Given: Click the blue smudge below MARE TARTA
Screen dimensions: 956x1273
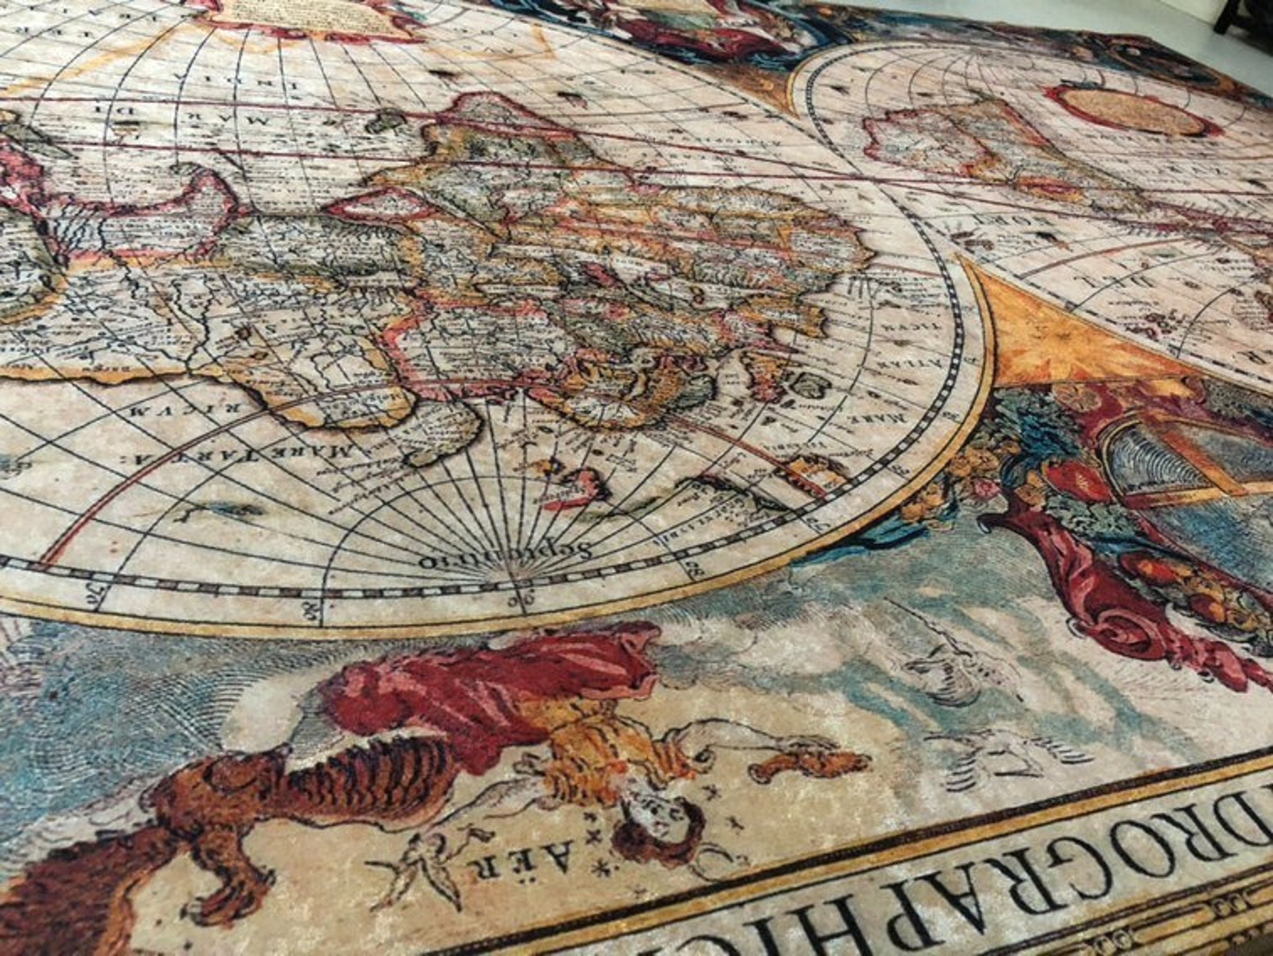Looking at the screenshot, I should point(216,509).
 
